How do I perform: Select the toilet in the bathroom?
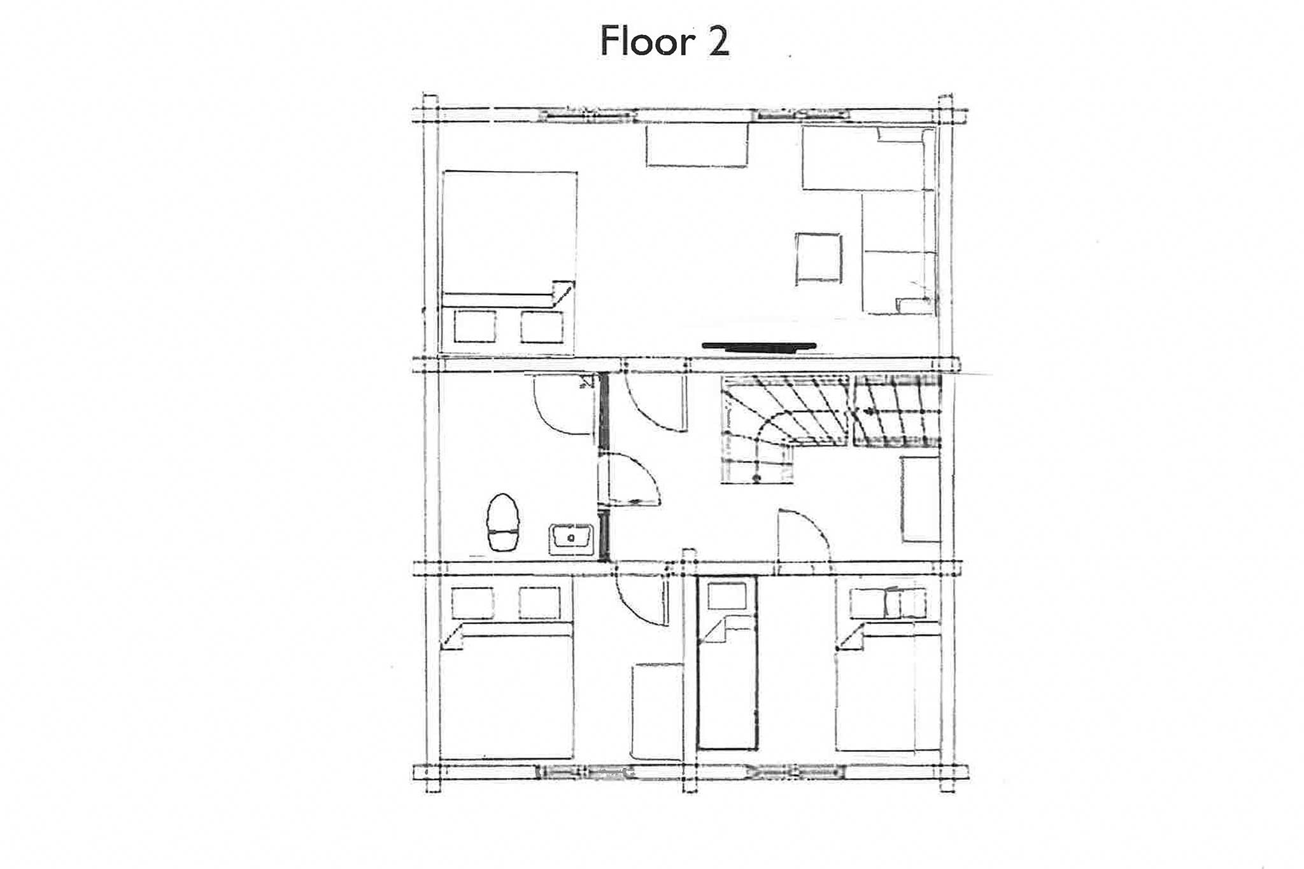[504, 523]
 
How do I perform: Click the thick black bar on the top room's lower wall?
[758, 346]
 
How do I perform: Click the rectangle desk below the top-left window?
[697, 145]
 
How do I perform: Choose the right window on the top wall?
[804, 115]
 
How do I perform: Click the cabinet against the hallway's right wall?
[921, 499]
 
